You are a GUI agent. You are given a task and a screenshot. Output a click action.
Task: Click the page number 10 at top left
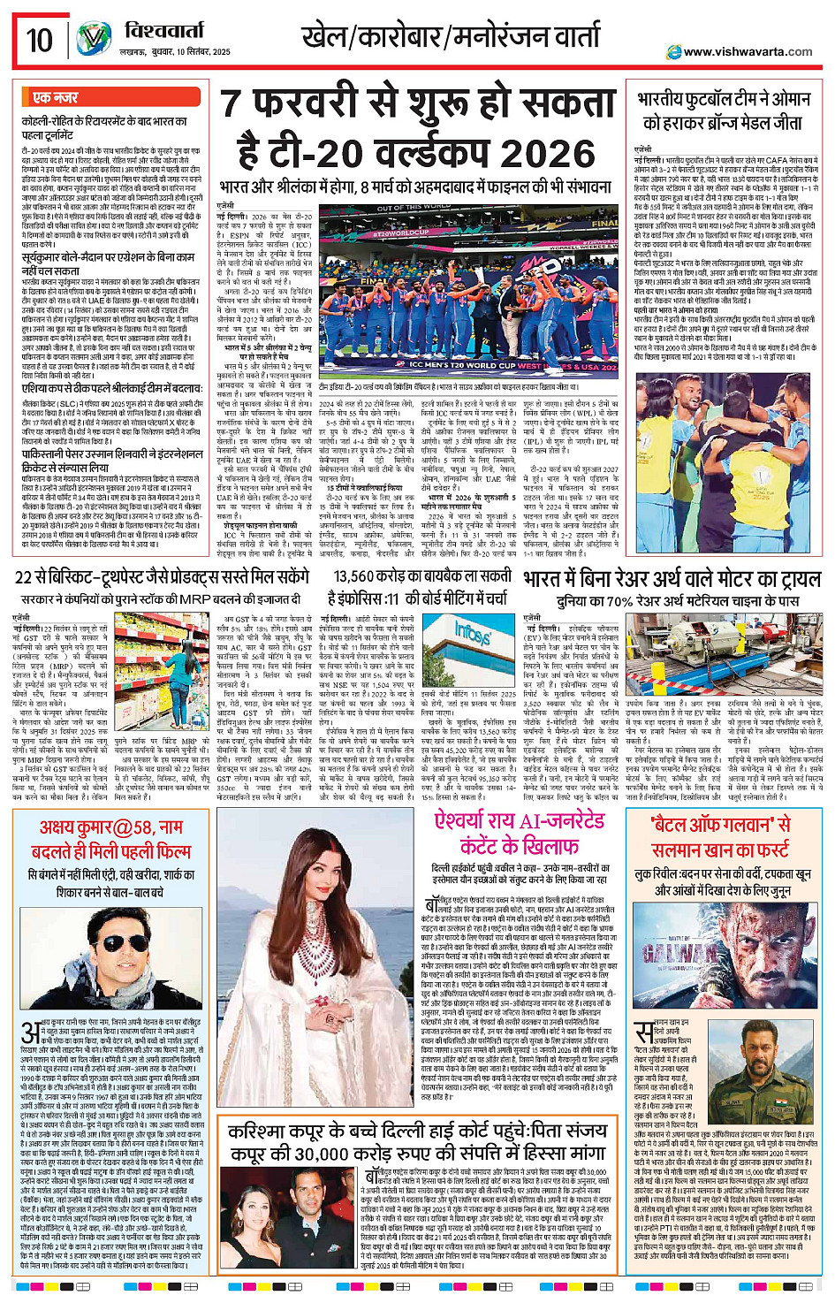point(40,40)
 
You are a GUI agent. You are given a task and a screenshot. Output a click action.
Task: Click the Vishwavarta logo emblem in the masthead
point(93,40)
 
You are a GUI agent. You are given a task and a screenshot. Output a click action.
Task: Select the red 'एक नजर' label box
point(56,97)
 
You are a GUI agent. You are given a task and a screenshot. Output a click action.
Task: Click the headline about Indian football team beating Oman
point(723,111)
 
